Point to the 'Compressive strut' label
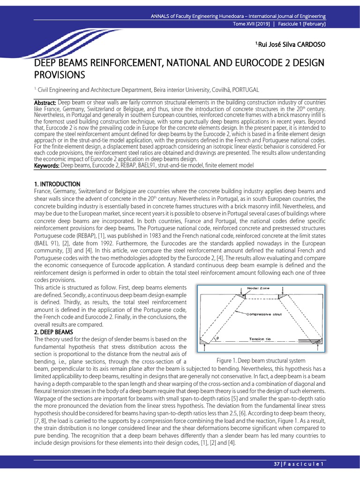pos(264,315)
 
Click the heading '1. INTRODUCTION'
pos(57,184)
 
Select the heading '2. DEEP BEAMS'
pos(54,332)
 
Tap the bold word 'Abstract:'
pos(45,103)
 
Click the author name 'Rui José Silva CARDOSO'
pos(290,45)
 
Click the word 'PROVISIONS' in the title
pos(60,75)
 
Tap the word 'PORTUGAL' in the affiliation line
pos(243,90)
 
